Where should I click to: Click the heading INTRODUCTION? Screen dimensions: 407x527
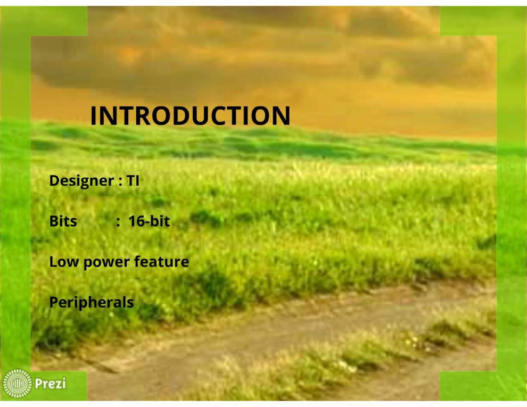coord(190,116)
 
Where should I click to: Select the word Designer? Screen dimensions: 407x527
coord(80,181)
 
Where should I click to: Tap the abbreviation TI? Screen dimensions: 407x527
coord(133,181)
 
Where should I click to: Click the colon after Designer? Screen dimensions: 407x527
coord(119,181)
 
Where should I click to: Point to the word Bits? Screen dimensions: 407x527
coord(63,221)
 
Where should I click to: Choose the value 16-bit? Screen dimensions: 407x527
coord(149,221)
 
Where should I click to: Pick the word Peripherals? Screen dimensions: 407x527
coord(91,303)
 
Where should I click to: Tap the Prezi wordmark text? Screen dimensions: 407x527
coord(51,383)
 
